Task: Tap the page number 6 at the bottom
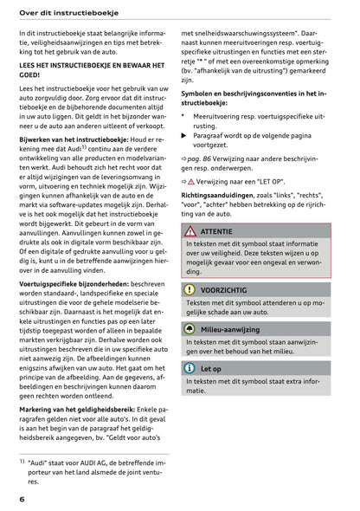(x=22, y=500)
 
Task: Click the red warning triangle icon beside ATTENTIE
(x=190, y=231)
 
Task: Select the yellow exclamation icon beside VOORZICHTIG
(x=190, y=289)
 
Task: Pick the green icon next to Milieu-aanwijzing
(x=190, y=330)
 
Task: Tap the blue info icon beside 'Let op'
(x=190, y=368)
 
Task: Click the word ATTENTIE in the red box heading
(x=216, y=232)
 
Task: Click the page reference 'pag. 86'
(x=209, y=161)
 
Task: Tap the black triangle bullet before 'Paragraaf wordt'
(x=183, y=136)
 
